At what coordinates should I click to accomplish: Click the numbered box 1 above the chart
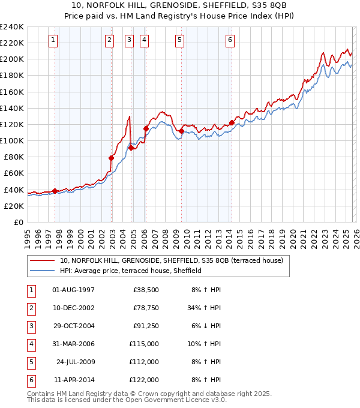(x=53, y=40)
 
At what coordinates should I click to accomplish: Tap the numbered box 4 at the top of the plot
(x=145, y=40)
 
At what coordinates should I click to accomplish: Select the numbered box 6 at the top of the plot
(x=230, y=40)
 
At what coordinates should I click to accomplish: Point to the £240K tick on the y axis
(x=12, y=27)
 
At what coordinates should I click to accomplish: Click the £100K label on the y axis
(x=12, y=140)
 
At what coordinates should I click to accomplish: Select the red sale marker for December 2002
(x=111, y=158)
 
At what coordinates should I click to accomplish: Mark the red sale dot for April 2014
(x=232, y=123)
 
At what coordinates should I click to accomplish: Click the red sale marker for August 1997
(x=55, y=191)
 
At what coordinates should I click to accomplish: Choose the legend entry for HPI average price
(x=130, y=271)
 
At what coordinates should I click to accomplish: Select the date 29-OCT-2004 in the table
(x=73, y=326)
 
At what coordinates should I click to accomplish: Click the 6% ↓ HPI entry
(x=205, y=326)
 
